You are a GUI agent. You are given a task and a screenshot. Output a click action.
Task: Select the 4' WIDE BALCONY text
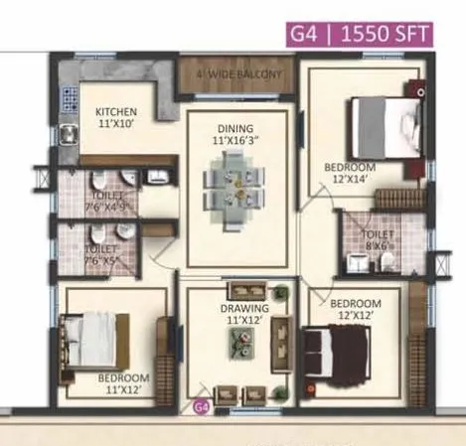click(x=238, y=74)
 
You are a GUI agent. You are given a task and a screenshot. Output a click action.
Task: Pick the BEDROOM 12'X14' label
click(x=349, y=174)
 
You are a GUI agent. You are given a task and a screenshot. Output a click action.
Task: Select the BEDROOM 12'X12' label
click(x=355, y=309)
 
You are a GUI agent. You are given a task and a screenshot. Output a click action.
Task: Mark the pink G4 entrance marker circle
click(x=201, y=405)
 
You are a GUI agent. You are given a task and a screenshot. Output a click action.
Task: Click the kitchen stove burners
click(x=70, y=99)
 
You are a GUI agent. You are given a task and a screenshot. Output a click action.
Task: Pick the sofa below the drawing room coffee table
click(x=240, y=390)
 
